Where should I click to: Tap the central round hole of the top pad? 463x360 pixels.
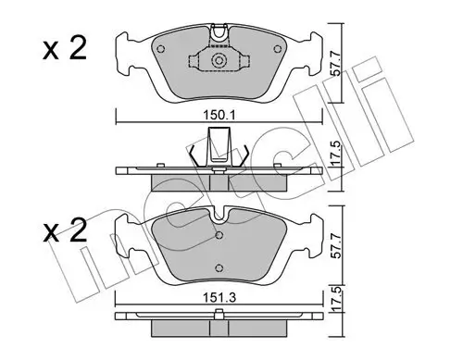pos(219,64)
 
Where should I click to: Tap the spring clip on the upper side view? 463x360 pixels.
pos(219,148)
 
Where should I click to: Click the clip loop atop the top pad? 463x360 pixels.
pos(219,33)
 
